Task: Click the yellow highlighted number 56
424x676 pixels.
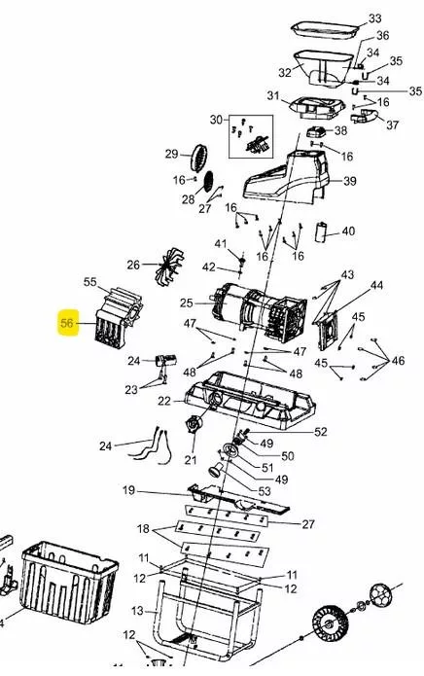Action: (x=68, y=323)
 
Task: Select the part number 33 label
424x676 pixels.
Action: (x=374, y=18)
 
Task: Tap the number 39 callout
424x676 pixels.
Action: (x=349, y=181)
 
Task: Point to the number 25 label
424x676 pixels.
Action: (x=186, y=302)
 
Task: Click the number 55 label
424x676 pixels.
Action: (x=90, y=282)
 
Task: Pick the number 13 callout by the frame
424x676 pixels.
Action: (x=137, y=611)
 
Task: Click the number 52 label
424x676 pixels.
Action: (x=321, y=432)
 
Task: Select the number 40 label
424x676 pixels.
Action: (x=348, y=231)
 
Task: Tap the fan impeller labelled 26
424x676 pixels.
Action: (x=169, y=266)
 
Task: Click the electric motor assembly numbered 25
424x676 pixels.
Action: (x=259, y=311)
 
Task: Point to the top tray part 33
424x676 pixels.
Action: (x=325, y=30)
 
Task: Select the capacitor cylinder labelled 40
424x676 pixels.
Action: (x=321, y=232)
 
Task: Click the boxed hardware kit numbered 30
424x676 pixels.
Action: (x=250, y=136)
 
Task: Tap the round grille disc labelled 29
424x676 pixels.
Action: (x=199, y=158)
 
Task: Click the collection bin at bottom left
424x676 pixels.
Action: (x=69, y=582)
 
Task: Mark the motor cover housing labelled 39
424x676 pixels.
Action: (x=286, y=177)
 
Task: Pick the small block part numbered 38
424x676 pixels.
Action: (x=316, y=131)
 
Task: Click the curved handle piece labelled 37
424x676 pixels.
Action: (x=364, y=117)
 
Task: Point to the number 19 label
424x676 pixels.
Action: (x=128, y=490)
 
